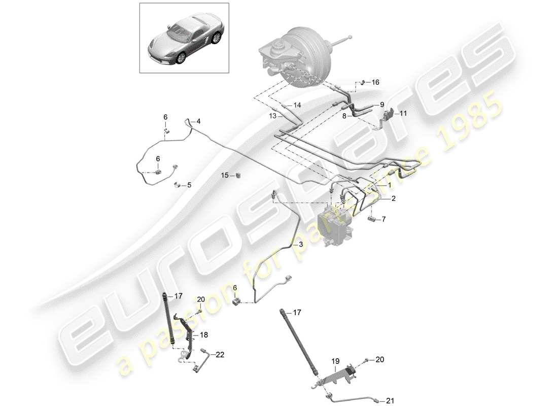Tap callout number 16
375,82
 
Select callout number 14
297,105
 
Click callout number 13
273,116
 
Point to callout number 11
403,114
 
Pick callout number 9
381,105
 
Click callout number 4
198,121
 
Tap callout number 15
225,175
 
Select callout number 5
189,185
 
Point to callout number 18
203,335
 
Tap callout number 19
335,361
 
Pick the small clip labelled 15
238,175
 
